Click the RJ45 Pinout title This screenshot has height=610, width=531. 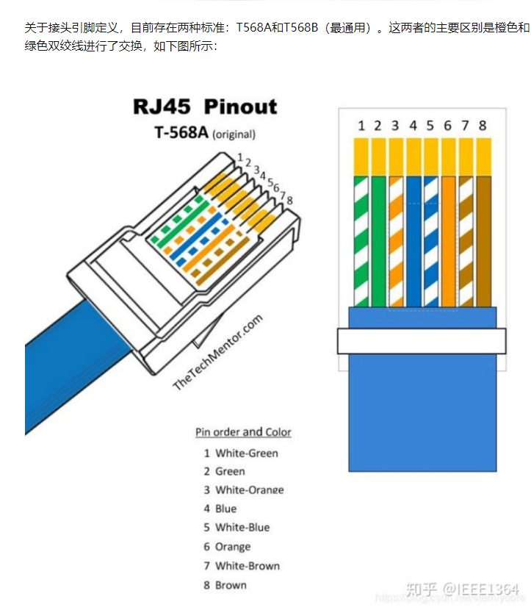205,106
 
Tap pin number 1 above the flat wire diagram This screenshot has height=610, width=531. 361,126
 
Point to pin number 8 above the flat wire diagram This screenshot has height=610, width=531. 483,126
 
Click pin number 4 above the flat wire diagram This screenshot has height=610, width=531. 413,126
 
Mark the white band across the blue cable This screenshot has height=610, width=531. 422,340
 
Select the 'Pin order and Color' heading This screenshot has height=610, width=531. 243,432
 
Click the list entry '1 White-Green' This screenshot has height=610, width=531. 241,453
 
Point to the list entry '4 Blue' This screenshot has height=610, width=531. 220,509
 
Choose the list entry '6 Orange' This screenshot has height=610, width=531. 227,547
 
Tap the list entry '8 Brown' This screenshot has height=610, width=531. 225,585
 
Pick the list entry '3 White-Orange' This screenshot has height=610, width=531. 244,490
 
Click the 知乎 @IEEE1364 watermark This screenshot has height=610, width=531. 462,589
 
